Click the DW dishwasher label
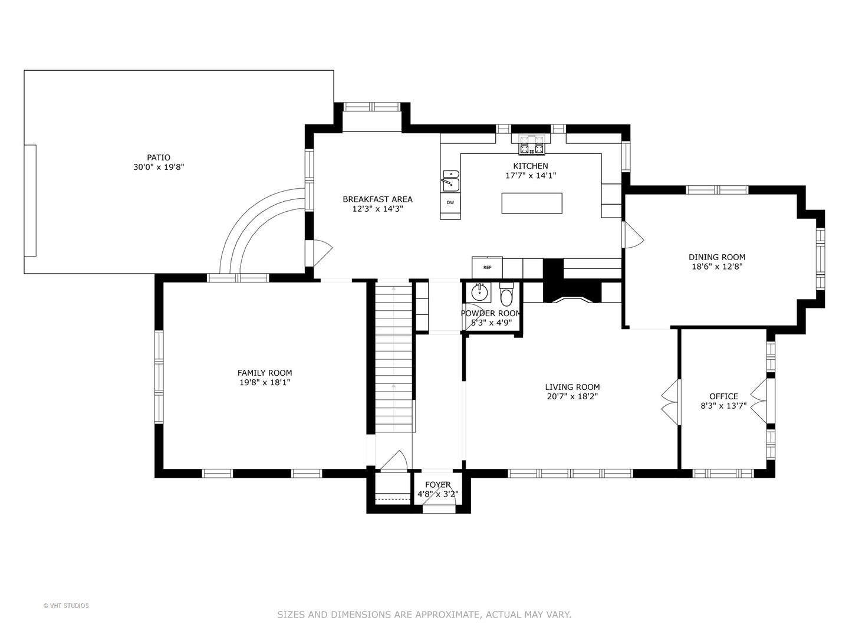click(450, 202)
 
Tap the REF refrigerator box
click(487, 267)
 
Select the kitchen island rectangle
click(532, 203)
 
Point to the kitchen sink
click(451, 181)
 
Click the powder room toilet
click(506, 295)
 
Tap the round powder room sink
click(480, 293)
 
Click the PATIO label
click(159, 157)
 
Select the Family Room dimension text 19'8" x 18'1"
click(265, 383)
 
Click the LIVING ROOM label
click(572, 387)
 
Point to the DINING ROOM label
click(717, 257)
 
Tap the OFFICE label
click(723, 396)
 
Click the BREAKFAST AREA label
click(377, 199)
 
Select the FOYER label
click(438, 485)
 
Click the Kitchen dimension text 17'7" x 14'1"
click(531, 176)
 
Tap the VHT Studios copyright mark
click(66, 606)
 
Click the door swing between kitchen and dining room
click(633, 235)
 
